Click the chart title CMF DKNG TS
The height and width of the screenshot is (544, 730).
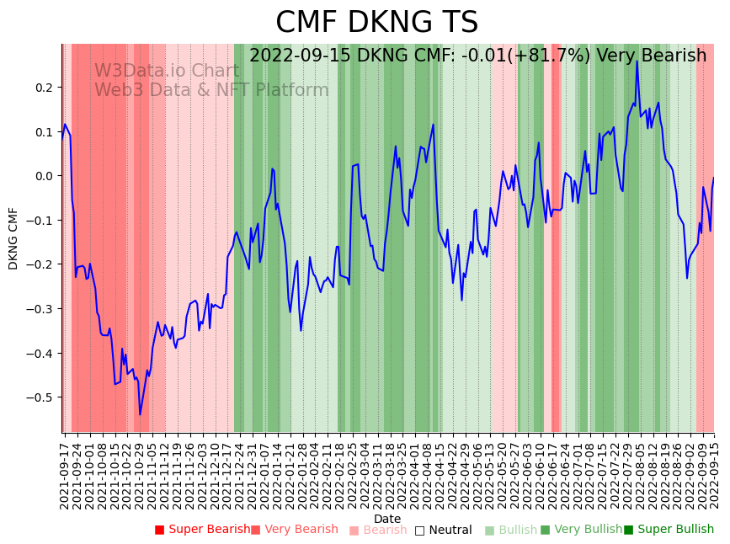point(376,23)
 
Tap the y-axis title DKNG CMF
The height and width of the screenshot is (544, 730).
point(13,238)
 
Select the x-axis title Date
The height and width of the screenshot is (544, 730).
point(387,519)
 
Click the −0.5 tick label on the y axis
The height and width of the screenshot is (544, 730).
point(39,397)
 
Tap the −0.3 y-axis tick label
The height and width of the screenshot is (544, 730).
point(39,309)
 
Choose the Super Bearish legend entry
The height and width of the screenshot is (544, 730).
point(202,530)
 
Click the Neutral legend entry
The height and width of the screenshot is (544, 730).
point(443,530)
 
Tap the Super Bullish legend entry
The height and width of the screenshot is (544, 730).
point(669,530)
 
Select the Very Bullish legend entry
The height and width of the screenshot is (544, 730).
point(581,530)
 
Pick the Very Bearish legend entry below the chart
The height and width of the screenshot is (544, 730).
point(294,530)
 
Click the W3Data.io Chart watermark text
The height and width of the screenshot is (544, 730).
point(166,71)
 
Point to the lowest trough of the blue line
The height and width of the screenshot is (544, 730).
point(140,414)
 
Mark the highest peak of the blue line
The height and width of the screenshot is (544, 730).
point(637,61)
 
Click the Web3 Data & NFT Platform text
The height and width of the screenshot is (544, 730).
point(211,90)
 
